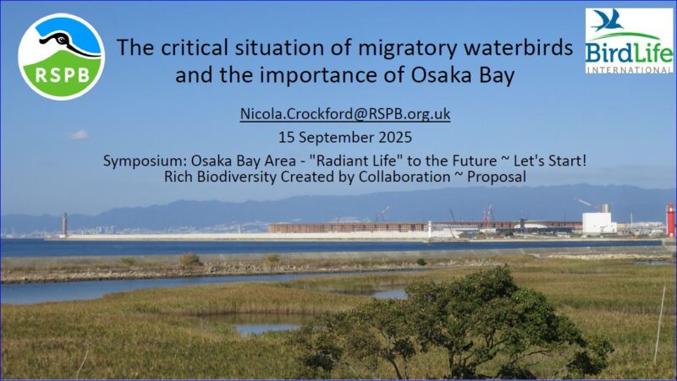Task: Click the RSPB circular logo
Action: tap(61, 57)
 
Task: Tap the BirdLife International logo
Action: tap(629, 41)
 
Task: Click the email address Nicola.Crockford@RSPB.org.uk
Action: tap(345, 114)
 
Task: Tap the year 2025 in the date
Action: tap(395, 138)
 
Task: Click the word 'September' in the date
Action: tap(337, 138)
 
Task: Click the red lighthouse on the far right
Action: tap(670, 220)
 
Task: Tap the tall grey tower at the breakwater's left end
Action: tap(64, 225)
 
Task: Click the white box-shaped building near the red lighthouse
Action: tap(599, 223)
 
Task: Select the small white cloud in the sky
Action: tap(80, 135)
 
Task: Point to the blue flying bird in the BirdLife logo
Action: tap(608, 20)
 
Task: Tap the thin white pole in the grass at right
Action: tap(659, 324)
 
